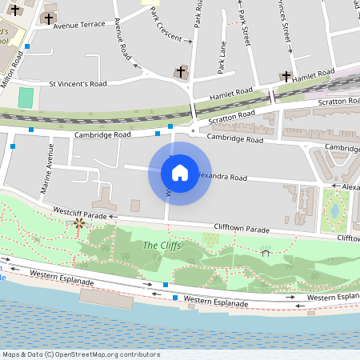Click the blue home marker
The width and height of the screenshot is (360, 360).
pyautogui.click(x=180, y=173)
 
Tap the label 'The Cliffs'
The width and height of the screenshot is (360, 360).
pyautogui.click(x=162, y=245)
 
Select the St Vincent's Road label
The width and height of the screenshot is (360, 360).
pyautogui.click(x=78, y=83)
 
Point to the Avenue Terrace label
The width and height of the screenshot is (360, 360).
pyautogui.click(x=79, y=25)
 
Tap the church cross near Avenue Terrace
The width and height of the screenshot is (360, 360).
pyautogui.click(x=49, y=18)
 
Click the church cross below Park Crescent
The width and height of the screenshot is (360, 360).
pyautogui.click(x=181, y=72)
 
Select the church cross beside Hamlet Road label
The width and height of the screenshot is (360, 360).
pyautogui.click(x=286, y=77)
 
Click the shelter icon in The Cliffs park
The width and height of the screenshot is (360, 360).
pyautogui.click(x=266, y=253)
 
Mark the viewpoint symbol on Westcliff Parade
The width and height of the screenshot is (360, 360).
pyautogui.click(x=78, y=223)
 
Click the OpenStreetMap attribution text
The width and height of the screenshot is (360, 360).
pyautogui.click(x=81, y=354)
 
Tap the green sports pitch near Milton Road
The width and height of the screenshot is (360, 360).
pyautogui.click(x=26, y=98)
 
